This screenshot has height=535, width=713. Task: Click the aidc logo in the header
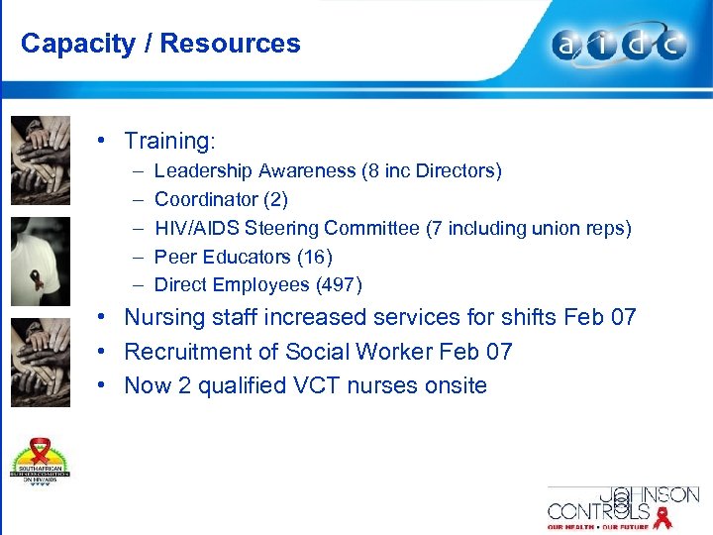619,46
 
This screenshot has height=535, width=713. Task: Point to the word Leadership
201,171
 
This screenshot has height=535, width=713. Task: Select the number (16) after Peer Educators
314,257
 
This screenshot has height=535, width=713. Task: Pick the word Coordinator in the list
204,200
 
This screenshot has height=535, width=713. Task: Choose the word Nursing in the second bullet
164,318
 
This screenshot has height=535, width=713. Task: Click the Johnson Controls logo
624,505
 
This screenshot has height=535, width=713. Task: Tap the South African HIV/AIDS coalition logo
42,462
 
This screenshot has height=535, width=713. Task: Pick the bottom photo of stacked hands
41,361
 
